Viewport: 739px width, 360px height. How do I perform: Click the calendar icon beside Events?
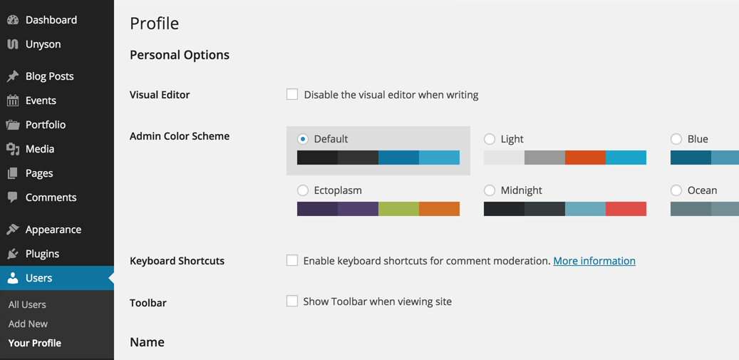coord(13,101)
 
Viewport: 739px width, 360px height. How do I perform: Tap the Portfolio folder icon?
coord(13,125)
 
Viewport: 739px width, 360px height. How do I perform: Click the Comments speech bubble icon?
coord(13,197)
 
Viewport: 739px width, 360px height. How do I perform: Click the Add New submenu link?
coord(28,324)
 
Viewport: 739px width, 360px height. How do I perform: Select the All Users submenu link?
coord(27,304)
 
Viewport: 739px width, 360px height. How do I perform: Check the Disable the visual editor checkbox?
coord(292,94)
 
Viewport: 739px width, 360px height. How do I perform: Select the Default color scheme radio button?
coord(303,139)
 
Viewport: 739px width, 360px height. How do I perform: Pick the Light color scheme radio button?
coord(490,139)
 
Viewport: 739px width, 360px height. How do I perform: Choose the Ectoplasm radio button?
coord(303,190)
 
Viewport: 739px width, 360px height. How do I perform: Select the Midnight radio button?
coord(490,190)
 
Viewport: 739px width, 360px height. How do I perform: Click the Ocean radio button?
coord(676,190)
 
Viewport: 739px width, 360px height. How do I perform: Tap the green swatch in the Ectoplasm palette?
coord(399,209)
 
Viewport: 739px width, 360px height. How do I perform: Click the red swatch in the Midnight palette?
coord(626,209)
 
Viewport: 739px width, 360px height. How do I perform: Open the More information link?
coord(594,261)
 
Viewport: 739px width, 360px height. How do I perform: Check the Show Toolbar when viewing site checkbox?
coord(292,301)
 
